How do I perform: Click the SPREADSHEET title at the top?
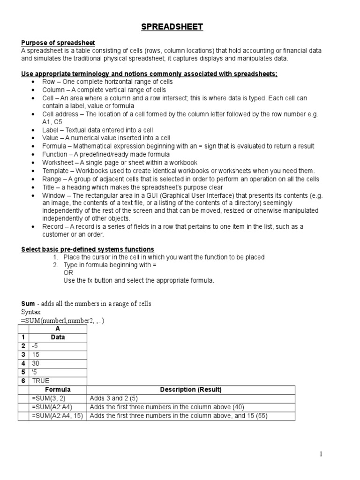172,27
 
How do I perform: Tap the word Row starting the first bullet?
48,82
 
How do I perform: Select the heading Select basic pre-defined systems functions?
88,249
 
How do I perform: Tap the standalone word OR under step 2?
68,272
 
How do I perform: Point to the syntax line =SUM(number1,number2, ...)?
62,321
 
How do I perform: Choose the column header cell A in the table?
58,329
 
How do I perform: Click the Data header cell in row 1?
58,337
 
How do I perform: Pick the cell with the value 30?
36,363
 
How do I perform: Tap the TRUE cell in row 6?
41,381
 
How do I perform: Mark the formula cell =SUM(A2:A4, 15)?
57,416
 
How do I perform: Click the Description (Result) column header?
191,390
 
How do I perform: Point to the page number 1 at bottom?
321,454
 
